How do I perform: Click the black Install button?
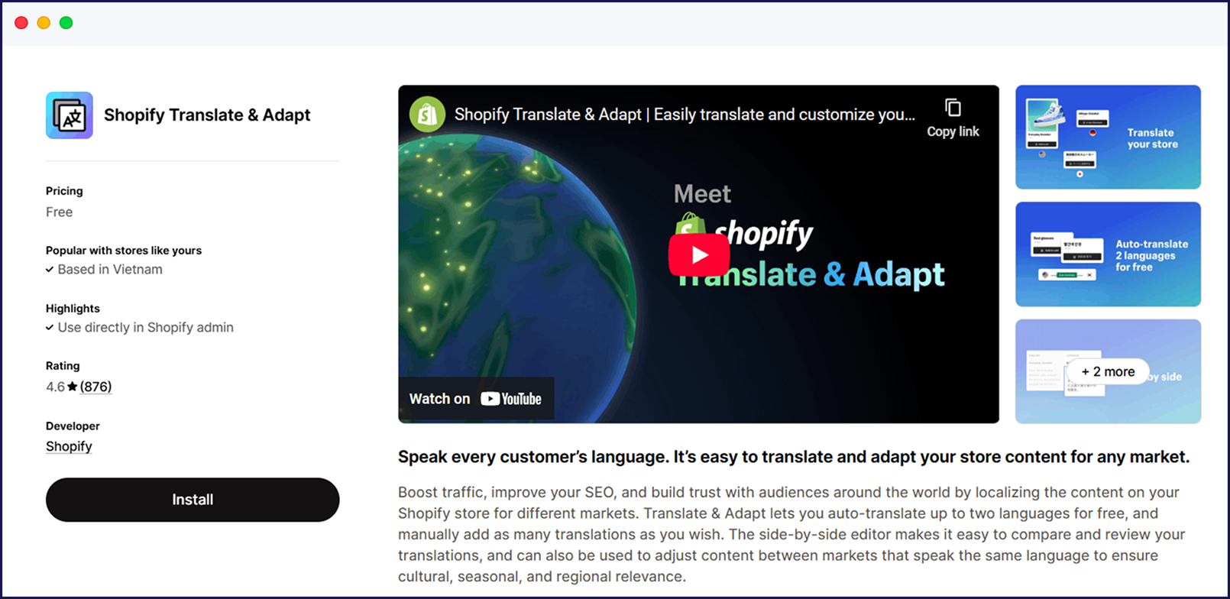(193, 500)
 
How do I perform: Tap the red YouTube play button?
(699, 254)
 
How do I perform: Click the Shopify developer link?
(69, 446)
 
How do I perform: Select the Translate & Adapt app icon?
(70, 115)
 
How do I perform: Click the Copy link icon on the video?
(953, 108)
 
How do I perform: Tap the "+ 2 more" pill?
(1108, 372)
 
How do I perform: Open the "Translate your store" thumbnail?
(1108, 137)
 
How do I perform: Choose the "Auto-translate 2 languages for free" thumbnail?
(1108, 254)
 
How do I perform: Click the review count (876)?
(95, 387)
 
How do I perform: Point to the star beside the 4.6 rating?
(73, 387)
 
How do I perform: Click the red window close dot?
(21, 23)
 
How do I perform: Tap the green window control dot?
(66, 23)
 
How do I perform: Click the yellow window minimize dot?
(44, 23)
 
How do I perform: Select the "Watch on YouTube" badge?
(475, 399)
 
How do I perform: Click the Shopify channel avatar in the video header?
(428, 115)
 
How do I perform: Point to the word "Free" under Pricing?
(60, 212)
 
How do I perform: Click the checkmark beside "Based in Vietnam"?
(50, 270)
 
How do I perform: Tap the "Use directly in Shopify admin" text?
(146, 328)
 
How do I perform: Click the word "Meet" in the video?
(702, 194)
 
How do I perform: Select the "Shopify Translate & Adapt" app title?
(207, 115)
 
